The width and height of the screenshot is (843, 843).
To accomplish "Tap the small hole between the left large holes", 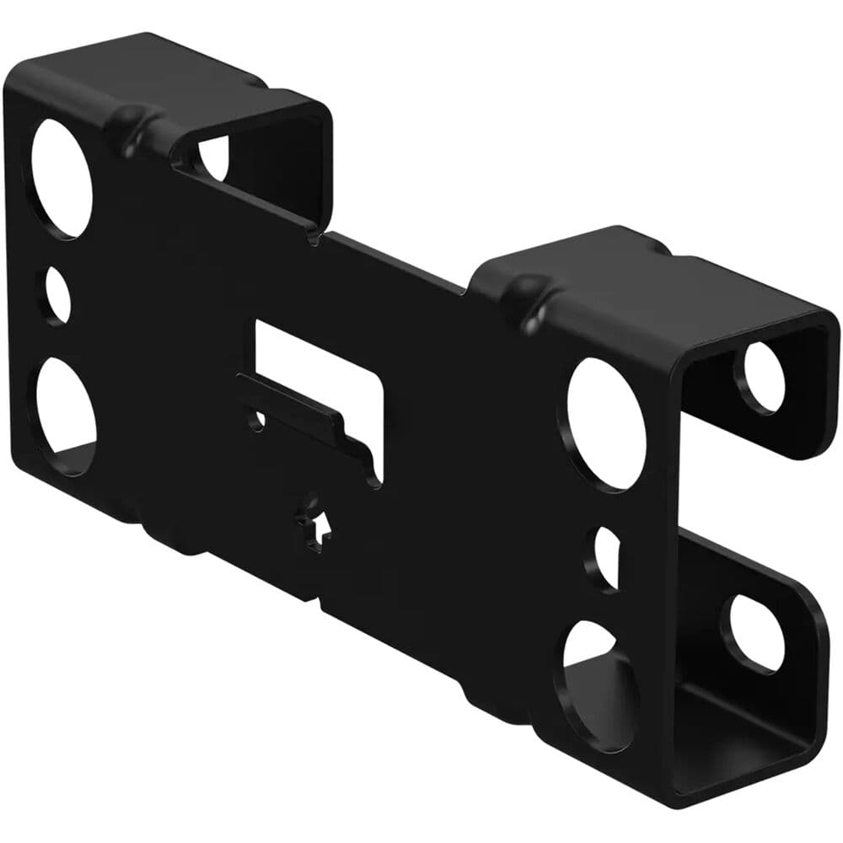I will click(58, 295).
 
